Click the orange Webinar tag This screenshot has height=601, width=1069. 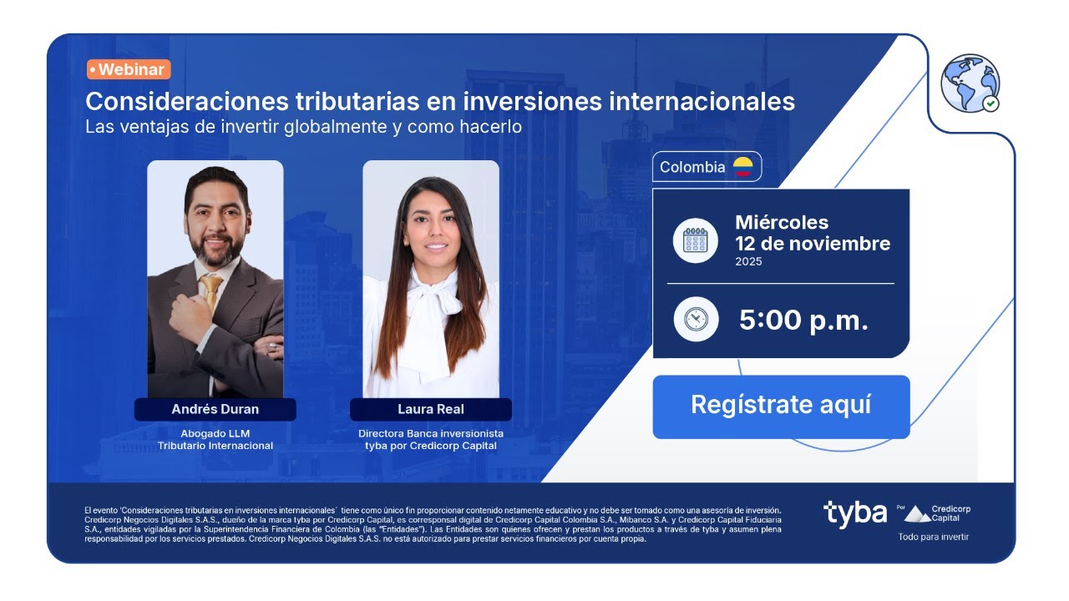(129, 69)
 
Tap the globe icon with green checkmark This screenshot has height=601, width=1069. (970, 83)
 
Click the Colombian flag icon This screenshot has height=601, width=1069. (742, 167)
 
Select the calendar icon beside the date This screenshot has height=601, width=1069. (695, 240)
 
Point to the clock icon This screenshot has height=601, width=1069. (695, 319)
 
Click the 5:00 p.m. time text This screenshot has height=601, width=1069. (803, 320)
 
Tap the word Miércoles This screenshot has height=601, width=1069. (782, 222)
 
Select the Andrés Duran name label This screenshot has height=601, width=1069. (215, 409)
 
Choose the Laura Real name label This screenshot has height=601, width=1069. (431, 409)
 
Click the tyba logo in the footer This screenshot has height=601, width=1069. (854, 513)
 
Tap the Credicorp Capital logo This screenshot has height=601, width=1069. (937, 513)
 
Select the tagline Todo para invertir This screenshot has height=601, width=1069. (933, 537)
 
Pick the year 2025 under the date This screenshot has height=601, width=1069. (748, 261)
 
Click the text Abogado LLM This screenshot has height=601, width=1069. (215, 433)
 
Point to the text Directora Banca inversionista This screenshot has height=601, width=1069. (431, 433)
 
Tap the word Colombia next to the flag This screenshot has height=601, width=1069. (692, 167)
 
